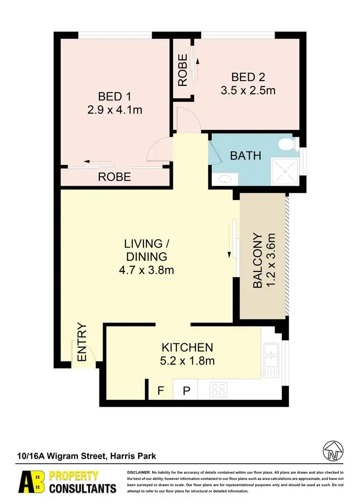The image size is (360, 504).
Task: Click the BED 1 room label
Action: [115, 96]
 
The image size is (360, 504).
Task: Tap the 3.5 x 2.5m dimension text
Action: [248, 90]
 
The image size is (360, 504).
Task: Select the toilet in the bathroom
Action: [288, 143]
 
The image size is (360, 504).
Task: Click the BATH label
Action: [246, 155]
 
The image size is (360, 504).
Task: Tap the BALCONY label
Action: [258, 261]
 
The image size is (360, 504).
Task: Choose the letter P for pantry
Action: [186, 391]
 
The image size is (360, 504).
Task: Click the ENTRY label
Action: [82, 343]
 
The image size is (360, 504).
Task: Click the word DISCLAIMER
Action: [139, 473]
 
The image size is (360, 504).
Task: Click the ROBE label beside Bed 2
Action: [183, 71]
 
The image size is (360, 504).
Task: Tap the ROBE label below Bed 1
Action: [114, 176]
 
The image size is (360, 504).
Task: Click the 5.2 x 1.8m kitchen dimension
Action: [187, 361]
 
